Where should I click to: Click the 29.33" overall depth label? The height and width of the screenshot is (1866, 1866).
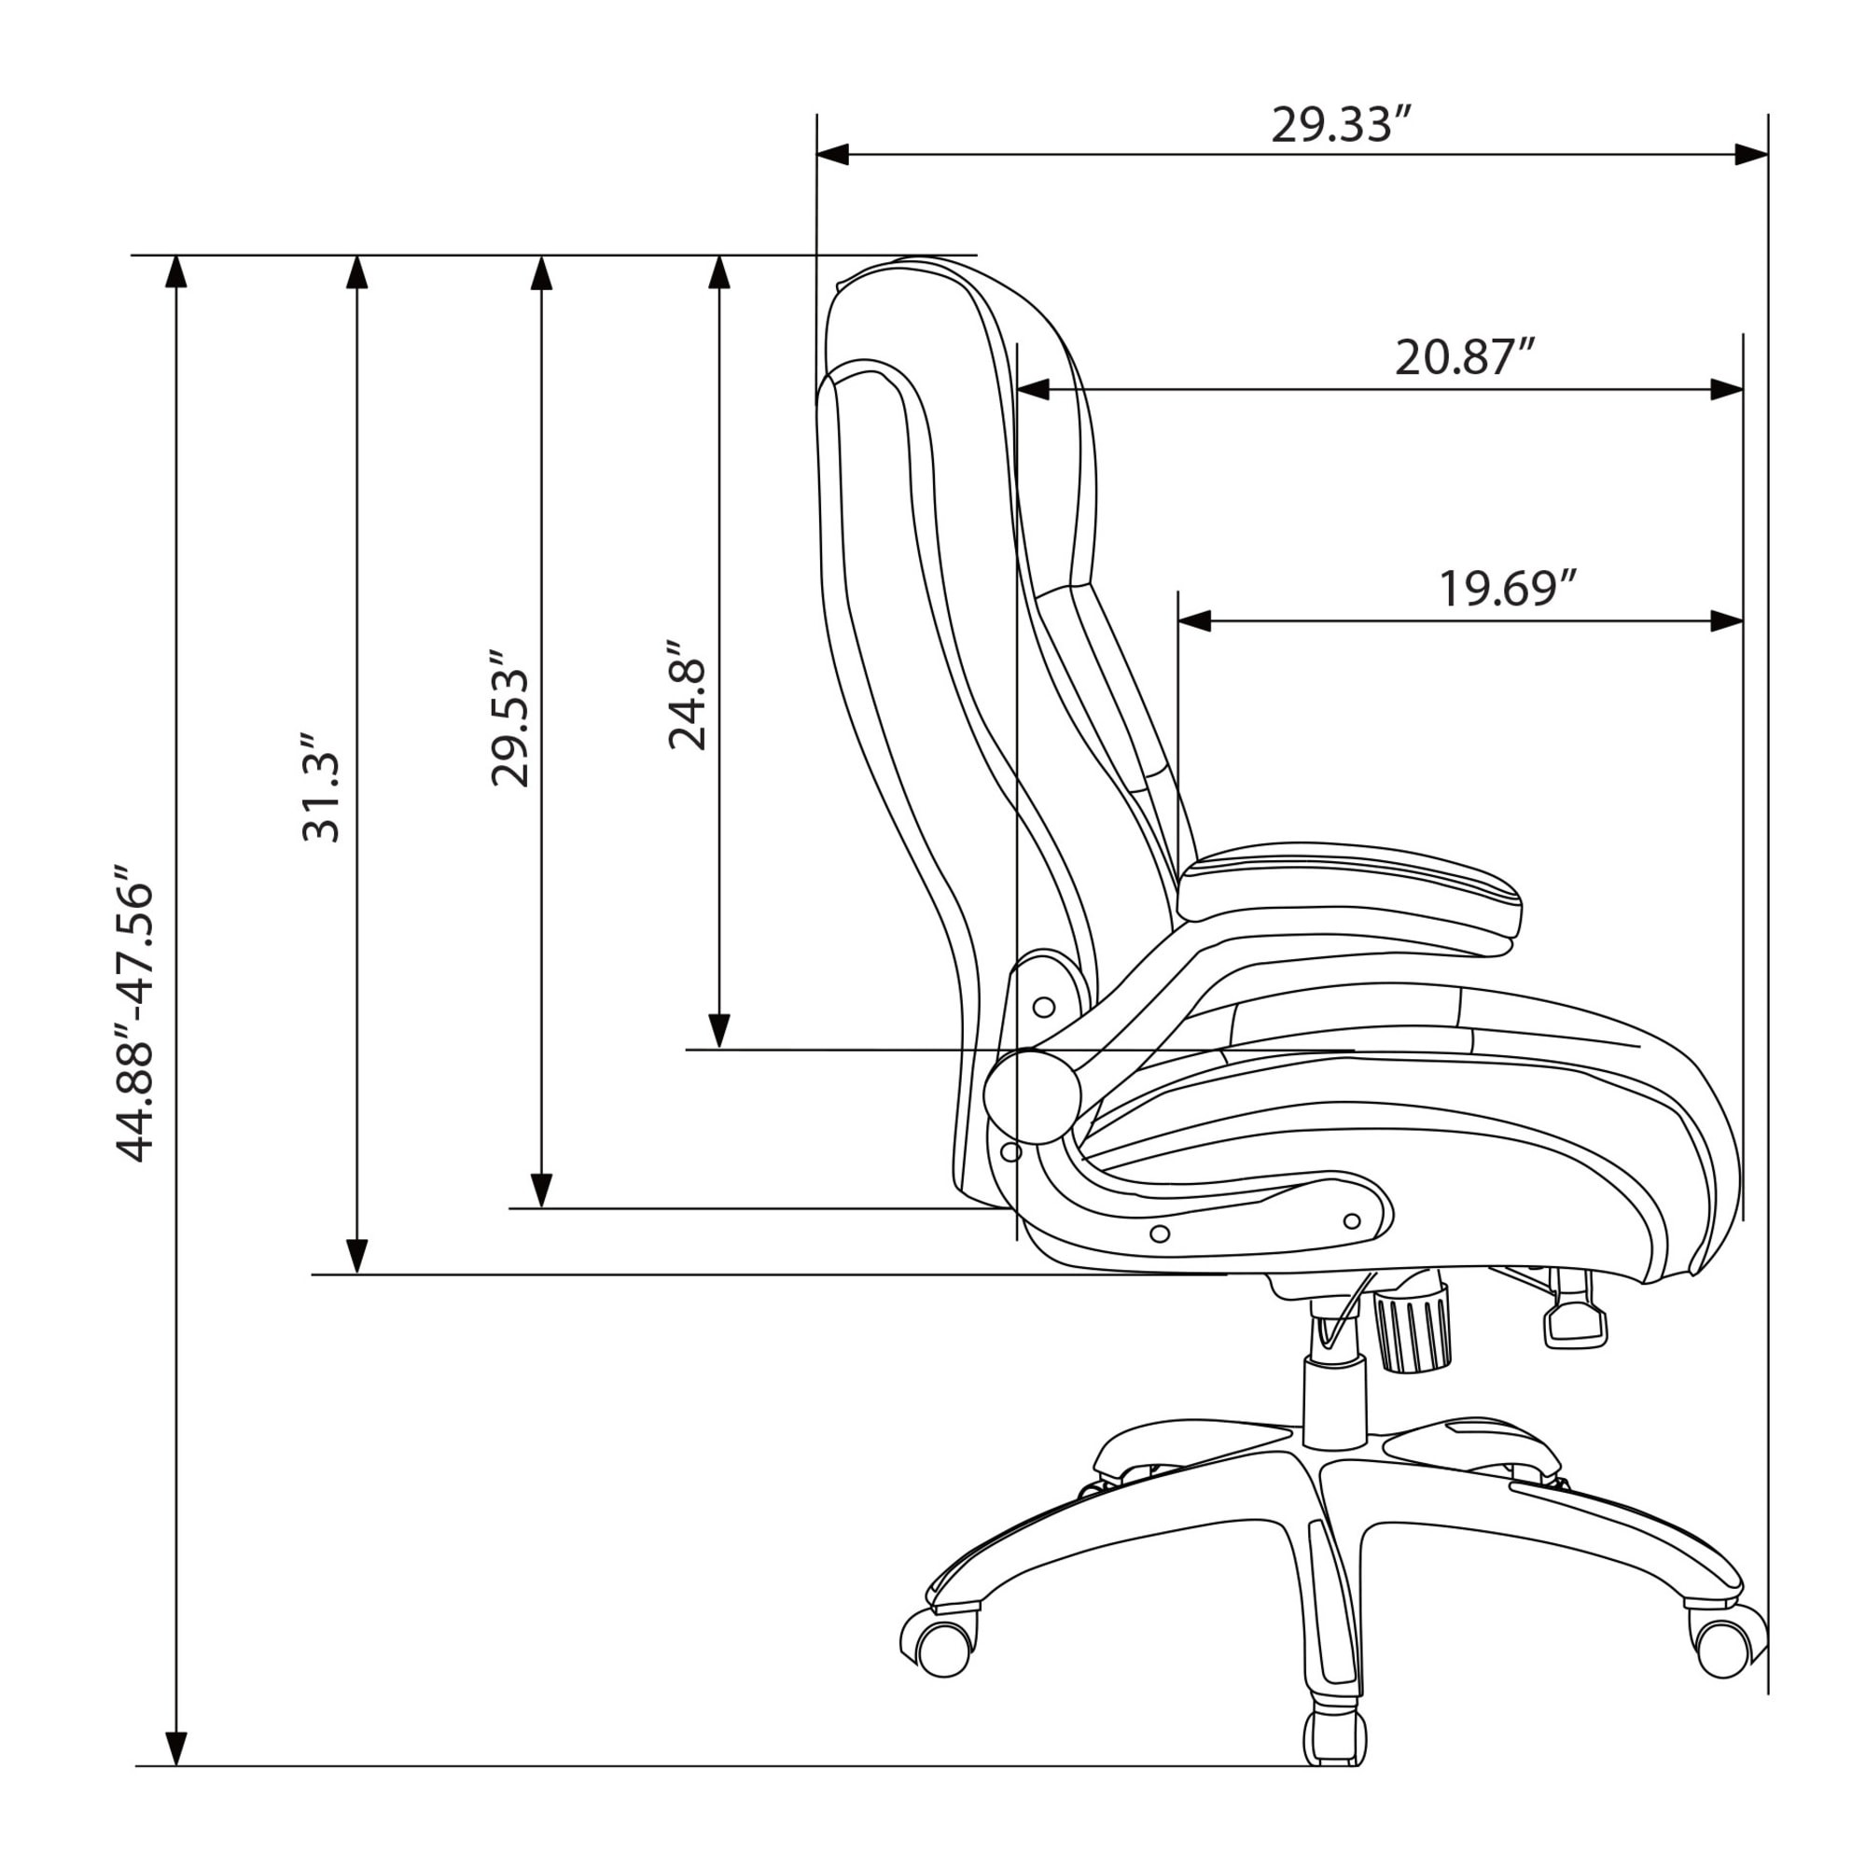[1343, 126]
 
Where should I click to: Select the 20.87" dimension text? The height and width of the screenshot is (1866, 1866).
[1465, 357]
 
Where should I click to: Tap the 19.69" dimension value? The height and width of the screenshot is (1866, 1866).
[1509, 588]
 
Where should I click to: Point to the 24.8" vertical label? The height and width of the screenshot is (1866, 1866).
[689, 693]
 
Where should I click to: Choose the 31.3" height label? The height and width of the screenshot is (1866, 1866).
[322, 788]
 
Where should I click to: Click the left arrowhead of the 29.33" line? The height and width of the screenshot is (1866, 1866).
[832, 155]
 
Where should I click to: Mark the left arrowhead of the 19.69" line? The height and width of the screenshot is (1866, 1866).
[1195, 621]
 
